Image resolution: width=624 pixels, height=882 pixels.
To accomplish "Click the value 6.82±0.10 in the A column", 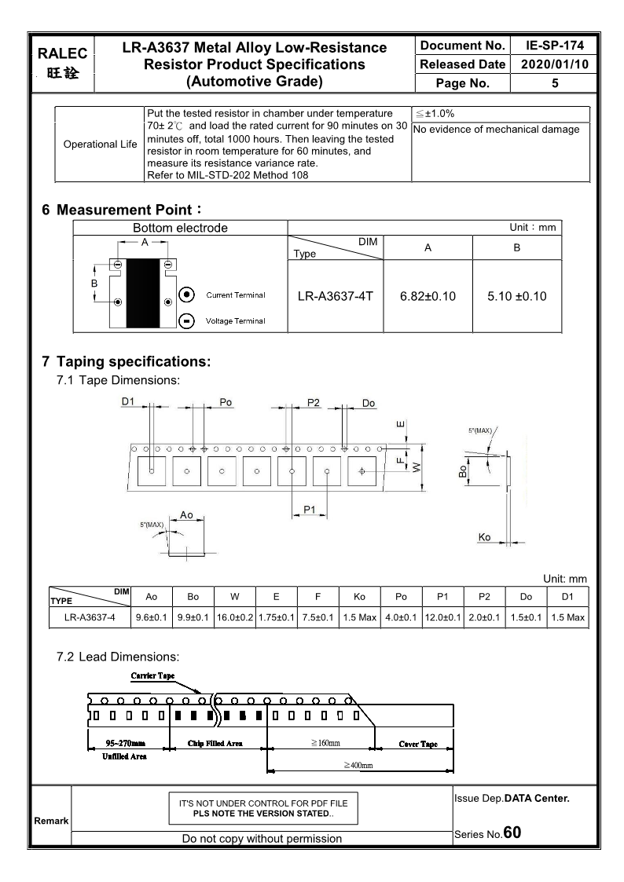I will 428,296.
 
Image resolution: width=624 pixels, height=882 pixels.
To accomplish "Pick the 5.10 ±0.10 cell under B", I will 516,296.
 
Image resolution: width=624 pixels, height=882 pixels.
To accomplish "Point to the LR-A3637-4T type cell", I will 336,296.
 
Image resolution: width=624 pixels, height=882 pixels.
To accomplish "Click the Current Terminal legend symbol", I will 188,295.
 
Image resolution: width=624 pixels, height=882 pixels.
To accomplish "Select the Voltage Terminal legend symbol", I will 188,320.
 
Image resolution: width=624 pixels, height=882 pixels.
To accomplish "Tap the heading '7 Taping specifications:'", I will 126,362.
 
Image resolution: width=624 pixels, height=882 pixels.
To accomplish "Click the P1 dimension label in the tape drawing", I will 310,510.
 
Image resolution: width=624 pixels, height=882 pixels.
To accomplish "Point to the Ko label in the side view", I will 484,537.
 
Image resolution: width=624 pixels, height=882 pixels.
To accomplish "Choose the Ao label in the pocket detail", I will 186,514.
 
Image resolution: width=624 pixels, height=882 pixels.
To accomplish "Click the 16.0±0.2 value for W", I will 235,617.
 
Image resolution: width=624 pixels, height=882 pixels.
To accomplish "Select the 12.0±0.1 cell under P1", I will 442,617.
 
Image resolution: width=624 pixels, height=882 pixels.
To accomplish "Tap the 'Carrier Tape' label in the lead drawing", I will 152,675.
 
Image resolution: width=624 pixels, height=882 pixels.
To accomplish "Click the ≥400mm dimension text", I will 358,765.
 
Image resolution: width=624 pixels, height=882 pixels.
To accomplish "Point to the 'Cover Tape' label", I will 418,744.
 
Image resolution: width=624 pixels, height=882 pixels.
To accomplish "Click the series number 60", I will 512,832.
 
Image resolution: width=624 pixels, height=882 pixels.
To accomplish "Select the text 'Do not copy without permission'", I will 262,838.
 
